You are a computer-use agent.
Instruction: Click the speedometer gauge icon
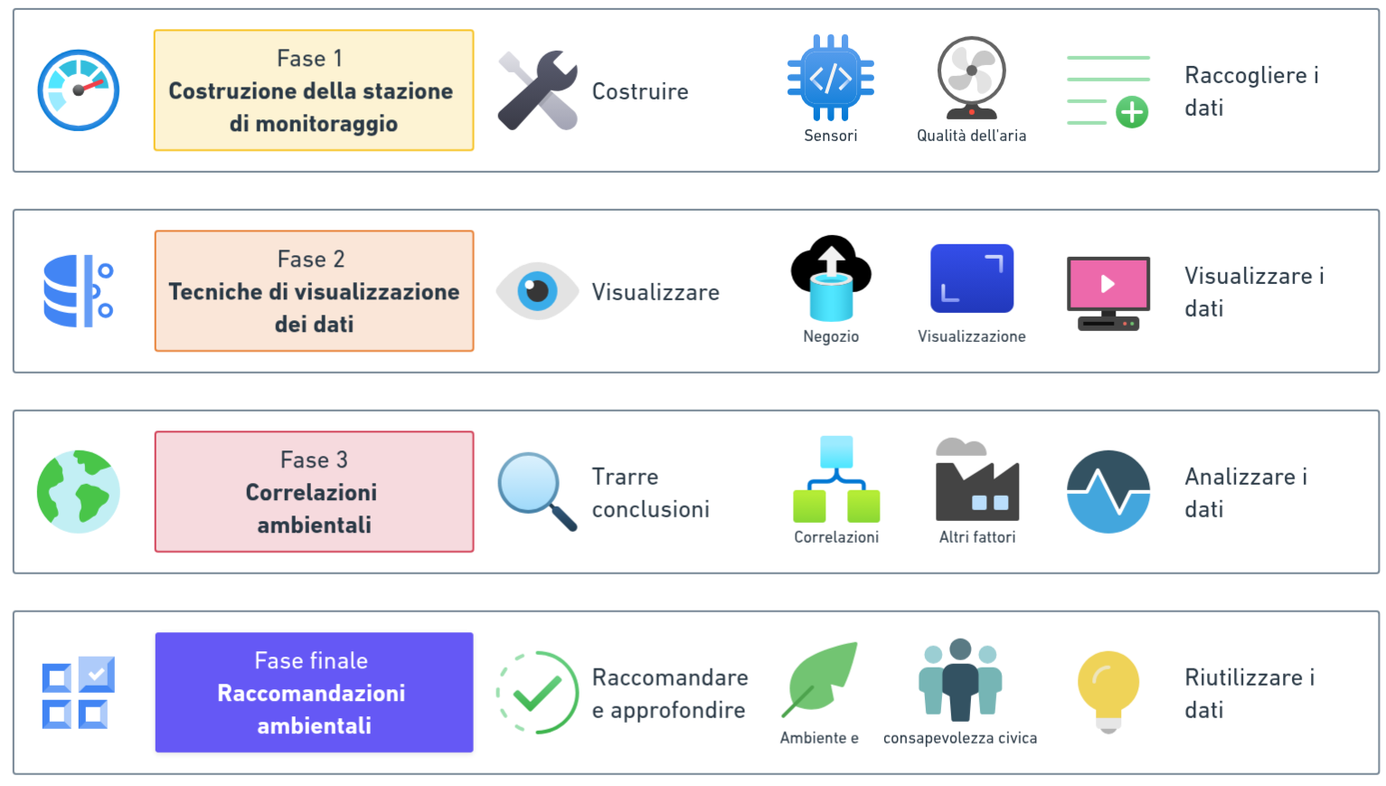click(78, 90)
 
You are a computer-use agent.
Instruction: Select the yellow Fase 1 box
click(314, 90)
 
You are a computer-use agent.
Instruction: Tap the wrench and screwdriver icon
click(537, 90)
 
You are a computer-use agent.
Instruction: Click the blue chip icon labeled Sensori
click(830, 78)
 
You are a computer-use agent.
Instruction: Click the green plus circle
click(1132, 112)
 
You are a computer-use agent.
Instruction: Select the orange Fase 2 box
click(314, 291)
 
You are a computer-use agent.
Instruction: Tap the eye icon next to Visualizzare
click(537, 290)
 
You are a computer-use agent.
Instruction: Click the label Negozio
click(831, 336)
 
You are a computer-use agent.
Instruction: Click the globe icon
click(78, 491)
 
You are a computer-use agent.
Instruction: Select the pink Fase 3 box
click(314, 492)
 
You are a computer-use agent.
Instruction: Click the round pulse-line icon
click(1108, 491)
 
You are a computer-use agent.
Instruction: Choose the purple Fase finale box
click(314, 693)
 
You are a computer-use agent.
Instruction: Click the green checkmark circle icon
click(537, 692)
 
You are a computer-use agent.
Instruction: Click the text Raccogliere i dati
click(1251, 90)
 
